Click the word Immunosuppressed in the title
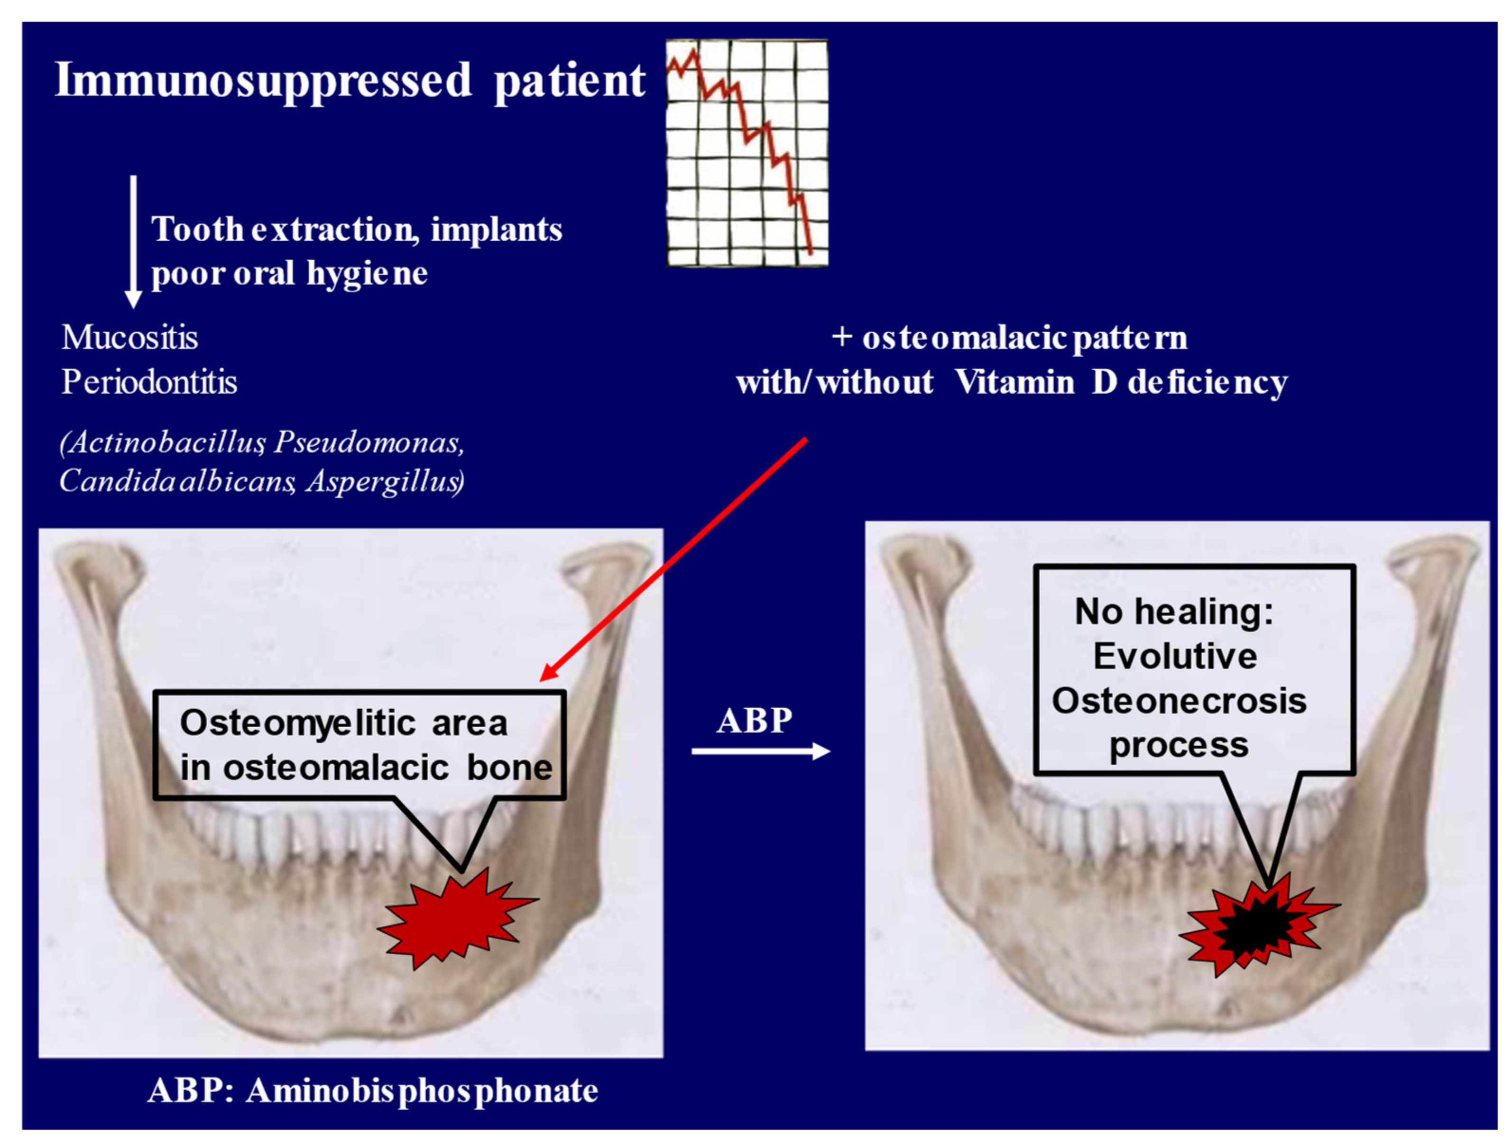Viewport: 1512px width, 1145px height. click(x=263, y=81)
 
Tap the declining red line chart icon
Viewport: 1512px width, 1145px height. click(x=747, y=152)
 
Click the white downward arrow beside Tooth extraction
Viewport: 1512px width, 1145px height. click(x=133, y=242)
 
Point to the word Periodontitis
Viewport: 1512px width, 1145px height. click(x=149, y=382)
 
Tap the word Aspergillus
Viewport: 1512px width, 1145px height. click(x=385, y=481)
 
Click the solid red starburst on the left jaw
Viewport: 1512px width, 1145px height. click(x=457, y=918)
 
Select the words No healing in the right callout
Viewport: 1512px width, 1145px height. click(x=1174, y=611)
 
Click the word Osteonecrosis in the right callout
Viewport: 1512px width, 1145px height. click(x=1179, y=700)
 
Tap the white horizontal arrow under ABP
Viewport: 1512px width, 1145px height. click(x=761, y=751)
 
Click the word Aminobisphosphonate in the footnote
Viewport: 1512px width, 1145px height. click(x=422, y=1090)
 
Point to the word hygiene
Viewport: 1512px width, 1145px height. click(x=367, y=273)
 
